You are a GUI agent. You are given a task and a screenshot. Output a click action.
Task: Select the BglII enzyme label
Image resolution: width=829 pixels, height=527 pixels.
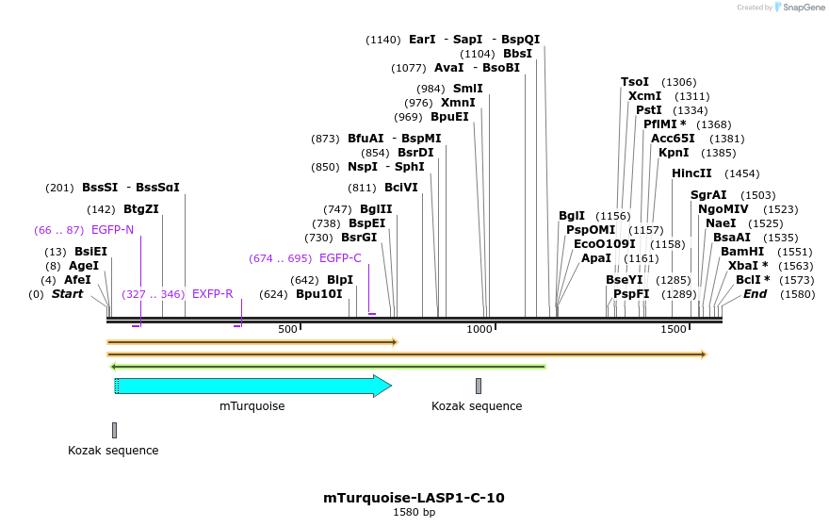pyautogui.click(x=376, y=209)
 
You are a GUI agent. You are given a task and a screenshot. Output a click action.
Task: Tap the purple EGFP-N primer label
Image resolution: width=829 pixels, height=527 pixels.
pyautogui.click(x=112, y=230)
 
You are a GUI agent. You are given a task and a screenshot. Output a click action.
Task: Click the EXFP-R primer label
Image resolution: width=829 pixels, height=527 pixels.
pyautogui.click(x=212, y=294)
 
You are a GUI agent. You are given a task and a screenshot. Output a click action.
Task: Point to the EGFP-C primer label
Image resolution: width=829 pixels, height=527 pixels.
pyautogui.click(x=340, y=258)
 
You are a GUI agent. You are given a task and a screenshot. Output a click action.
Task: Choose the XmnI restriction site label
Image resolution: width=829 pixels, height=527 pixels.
pyautogui.click(x=459, y=103)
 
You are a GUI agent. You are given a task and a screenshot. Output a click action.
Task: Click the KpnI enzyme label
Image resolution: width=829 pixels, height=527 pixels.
pyautogui.click(x=674, y=153)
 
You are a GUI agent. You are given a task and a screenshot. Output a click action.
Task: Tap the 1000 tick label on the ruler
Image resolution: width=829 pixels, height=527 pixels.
pyautogui.click(x=480, y=329)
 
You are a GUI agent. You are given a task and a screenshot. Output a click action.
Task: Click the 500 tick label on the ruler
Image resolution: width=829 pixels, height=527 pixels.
pyautogui.click(x=287, y=329)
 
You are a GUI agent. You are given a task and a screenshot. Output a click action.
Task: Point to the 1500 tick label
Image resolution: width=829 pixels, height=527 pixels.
pyautogui.click(x=673, y=329)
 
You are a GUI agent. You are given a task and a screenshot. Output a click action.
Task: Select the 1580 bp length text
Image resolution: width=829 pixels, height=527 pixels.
pyautogui.click(x=414, y=513)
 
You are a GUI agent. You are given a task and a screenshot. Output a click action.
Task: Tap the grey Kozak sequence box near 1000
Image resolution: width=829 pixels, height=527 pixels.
pyautogui.click(x=479, y=386)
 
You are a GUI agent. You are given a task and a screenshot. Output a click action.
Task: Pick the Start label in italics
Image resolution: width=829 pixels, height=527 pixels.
pyautogui.click(x=67, y=294)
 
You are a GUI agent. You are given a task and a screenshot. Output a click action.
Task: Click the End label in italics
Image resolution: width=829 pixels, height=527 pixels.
pyautogui.click(x=755, y=294)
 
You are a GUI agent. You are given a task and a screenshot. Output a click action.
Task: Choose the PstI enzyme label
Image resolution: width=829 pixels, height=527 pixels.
pyautogui.click(x=649, y=110)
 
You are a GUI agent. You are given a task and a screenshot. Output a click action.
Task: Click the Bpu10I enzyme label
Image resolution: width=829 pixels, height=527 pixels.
pyautogui.click(x=319, y=294)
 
